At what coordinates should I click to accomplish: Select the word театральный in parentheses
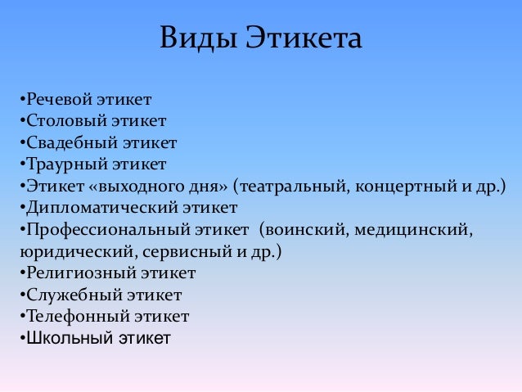tap(290, 187)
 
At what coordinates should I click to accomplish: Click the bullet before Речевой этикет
tap(20, 101)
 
